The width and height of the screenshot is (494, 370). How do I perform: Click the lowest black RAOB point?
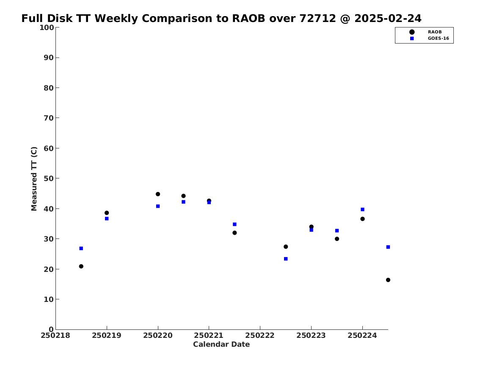tap(388, 280)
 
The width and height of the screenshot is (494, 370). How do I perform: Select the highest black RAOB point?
tap(158, 194)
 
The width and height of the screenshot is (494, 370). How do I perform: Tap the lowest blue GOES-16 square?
tap(286, 259)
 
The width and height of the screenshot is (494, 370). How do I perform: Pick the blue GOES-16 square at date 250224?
tap(362, 210)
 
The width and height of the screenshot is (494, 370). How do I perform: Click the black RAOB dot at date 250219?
tap(107, 213)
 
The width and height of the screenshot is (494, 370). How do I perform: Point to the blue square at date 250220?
tap(158, 206)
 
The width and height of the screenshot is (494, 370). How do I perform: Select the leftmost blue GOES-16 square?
tap(81, 248)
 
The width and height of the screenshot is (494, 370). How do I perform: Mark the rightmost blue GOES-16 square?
tap(388, 247)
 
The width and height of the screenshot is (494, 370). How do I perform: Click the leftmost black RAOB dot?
tap(81, 266)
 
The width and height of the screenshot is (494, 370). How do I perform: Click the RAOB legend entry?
tap(425, 32)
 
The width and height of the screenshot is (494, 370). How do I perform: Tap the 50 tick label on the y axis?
tap(49, 178)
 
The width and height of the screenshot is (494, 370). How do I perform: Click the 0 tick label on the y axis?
tap(51, 329)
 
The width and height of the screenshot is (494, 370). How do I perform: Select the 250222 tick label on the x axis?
tap(260, 336)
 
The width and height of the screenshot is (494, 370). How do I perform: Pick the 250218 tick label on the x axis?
tap(55, 336)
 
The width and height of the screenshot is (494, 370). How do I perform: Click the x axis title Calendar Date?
tap(221, 345)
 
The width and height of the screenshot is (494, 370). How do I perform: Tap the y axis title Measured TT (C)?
tap(34, 179)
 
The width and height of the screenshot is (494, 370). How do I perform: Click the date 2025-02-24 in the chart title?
tap(388, 19)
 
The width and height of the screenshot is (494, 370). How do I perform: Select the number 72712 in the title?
tap(317, 19)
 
